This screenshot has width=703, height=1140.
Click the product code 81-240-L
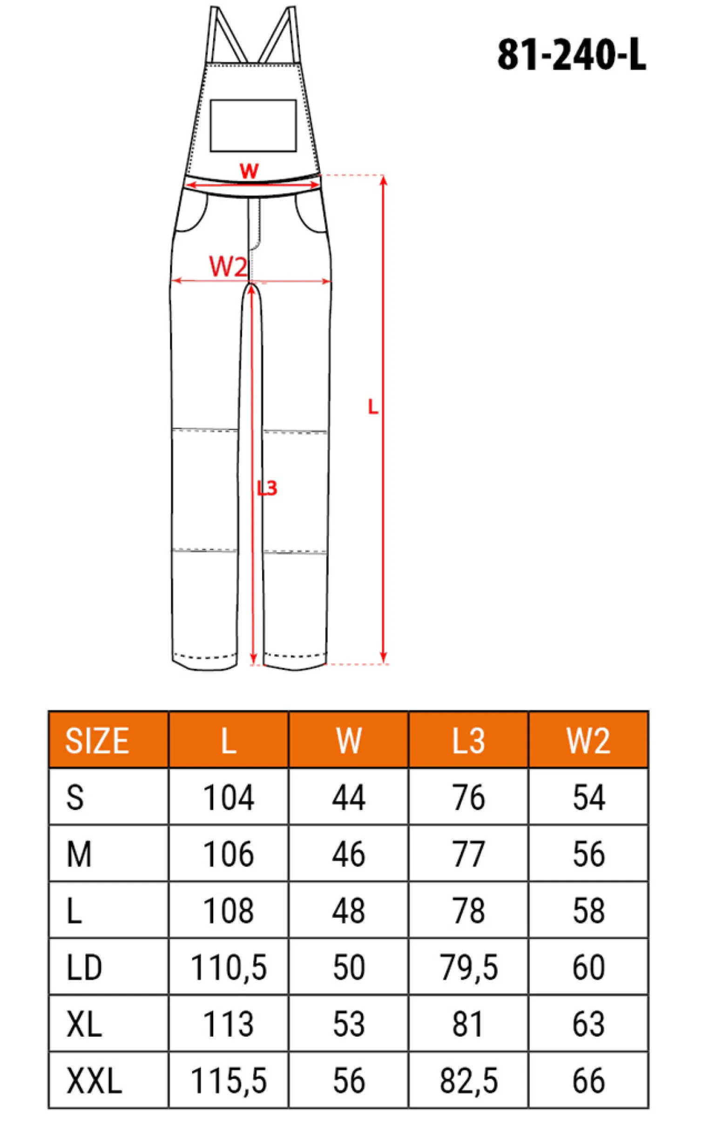(x=572, y=55)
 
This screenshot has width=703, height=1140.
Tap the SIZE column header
(x=97, y=740)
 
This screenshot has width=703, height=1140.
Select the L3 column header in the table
(x=468, y=740)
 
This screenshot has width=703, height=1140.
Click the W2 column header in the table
(x=588, y=740)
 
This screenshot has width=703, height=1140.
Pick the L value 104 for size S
(x=229, y=798)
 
